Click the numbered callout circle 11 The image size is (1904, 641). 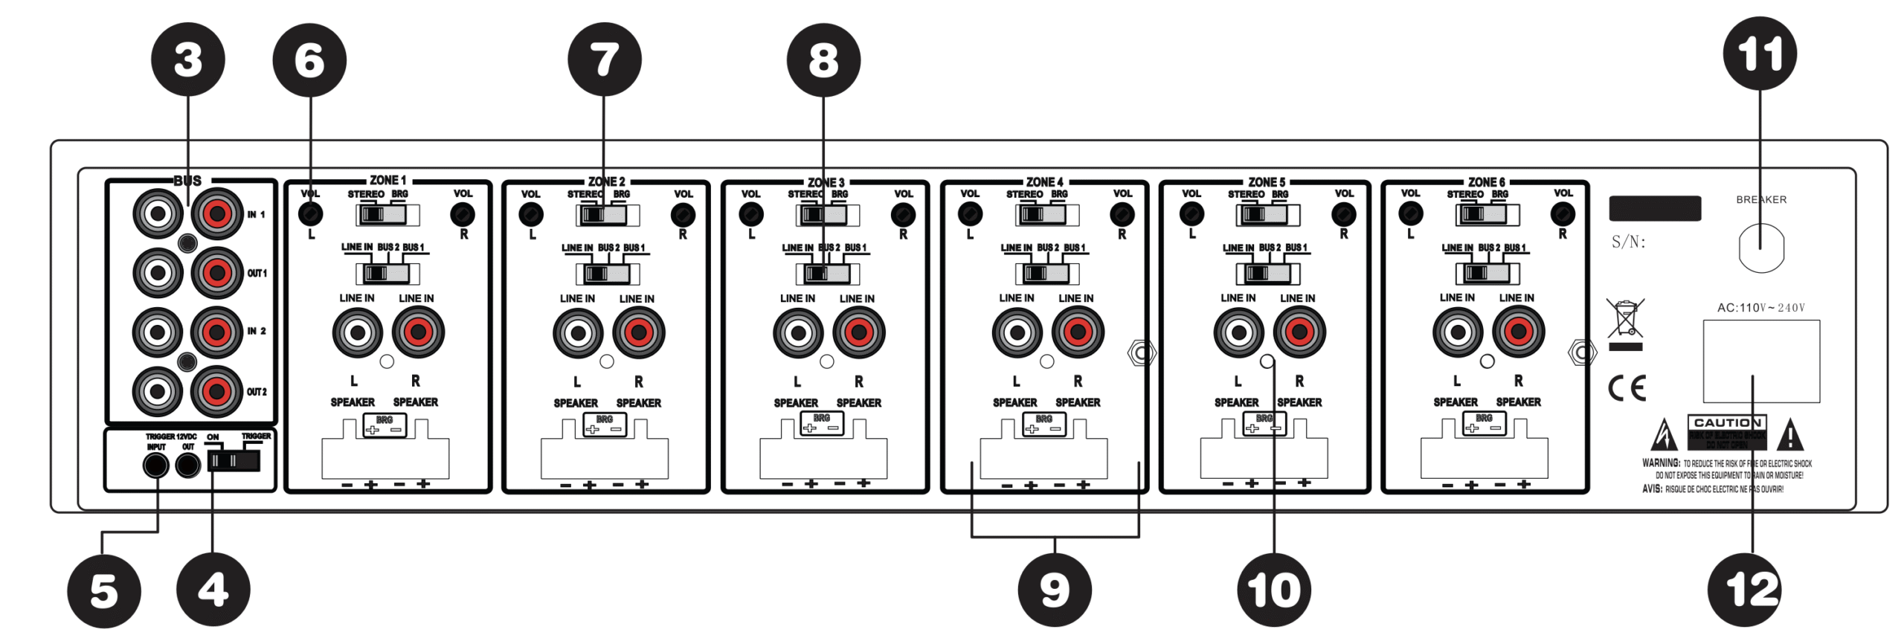coord(1759,54)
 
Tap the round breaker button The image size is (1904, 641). coord(1760,248)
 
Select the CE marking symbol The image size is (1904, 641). coord(1627,387)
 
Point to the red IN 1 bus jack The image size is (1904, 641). coord(216,214)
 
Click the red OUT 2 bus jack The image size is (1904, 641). coord(216,391)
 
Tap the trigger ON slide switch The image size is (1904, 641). coord(234,461)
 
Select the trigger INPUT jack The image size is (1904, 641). coord(155,466)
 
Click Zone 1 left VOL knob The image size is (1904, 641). coord(310,215)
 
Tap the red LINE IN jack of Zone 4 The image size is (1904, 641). coord(1078,332)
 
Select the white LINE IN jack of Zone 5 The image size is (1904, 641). coord(1238,332)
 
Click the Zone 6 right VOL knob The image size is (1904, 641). coord(1562,214)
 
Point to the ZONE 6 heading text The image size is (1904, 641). coord(1486,182)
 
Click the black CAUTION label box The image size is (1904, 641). coord(1725,433)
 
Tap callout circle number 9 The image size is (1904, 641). coord(1054,590)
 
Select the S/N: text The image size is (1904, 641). coord(1628,242)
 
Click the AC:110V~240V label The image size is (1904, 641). coord(1760,308)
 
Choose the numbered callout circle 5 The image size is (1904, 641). coord(104,592)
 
